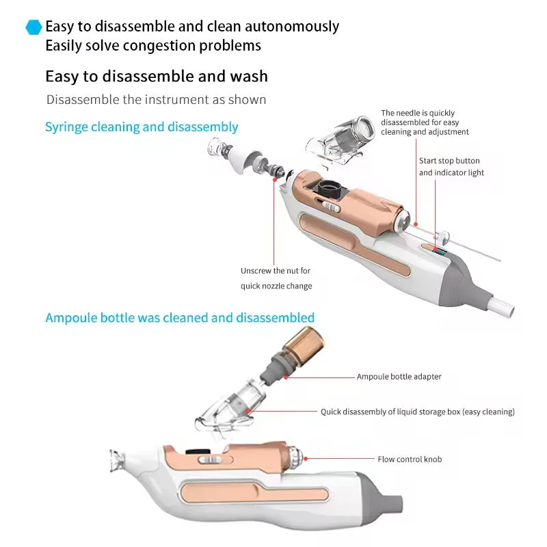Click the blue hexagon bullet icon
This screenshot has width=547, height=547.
coord(34,27)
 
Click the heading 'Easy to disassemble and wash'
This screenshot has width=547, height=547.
coord(157,76)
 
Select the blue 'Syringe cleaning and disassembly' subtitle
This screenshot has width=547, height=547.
coord(142,126)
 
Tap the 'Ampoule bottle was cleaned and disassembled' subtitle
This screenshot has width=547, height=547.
coord(180,317)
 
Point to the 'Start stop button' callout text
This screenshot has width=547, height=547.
coord(451,167)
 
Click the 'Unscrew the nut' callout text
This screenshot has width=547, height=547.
coord(276,278)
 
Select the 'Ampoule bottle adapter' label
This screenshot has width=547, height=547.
coord(399,377)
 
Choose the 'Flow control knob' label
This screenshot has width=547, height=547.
coord(410,459)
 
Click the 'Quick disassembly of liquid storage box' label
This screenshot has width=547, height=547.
coord(418,412)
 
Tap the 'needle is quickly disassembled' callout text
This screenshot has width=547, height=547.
coord(425,122)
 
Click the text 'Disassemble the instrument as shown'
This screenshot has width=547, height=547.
coord(156,100)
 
